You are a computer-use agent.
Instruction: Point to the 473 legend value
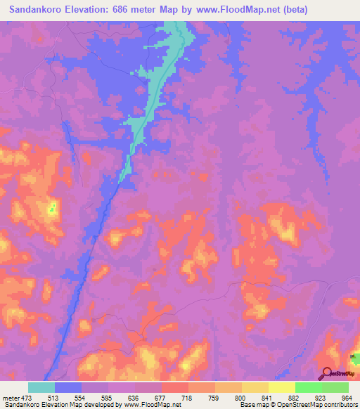point(26,397)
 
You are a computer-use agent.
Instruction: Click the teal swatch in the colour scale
point(41,387)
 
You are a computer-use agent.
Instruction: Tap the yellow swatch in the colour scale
point(282,387)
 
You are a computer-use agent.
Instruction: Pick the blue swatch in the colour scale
point(68,387)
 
